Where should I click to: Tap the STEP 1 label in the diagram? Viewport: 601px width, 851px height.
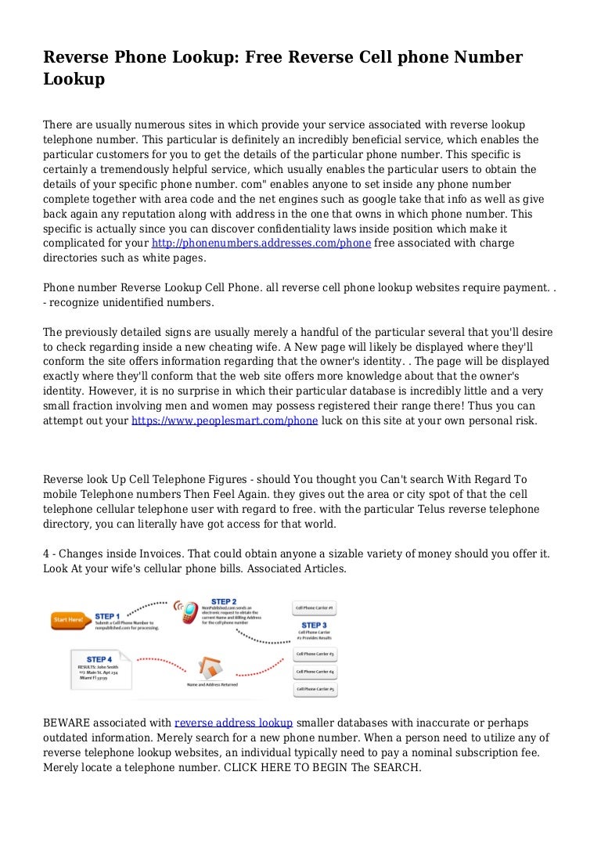tap(107, 616)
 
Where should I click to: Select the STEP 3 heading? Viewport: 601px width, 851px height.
tap(314, 626)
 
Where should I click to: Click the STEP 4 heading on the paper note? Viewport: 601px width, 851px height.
tap(99, 659)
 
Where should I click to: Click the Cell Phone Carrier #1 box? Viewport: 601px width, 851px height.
tap(315, 608)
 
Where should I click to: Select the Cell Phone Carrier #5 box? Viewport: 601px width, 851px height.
tap(315, 690)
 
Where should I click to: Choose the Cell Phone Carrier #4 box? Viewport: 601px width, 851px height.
tap(315, 672)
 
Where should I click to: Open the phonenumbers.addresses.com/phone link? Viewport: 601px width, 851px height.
tap(261, 243)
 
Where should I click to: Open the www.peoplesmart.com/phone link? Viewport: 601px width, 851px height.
tap(225, 420)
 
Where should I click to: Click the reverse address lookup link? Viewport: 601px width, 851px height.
tap(233, 723)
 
